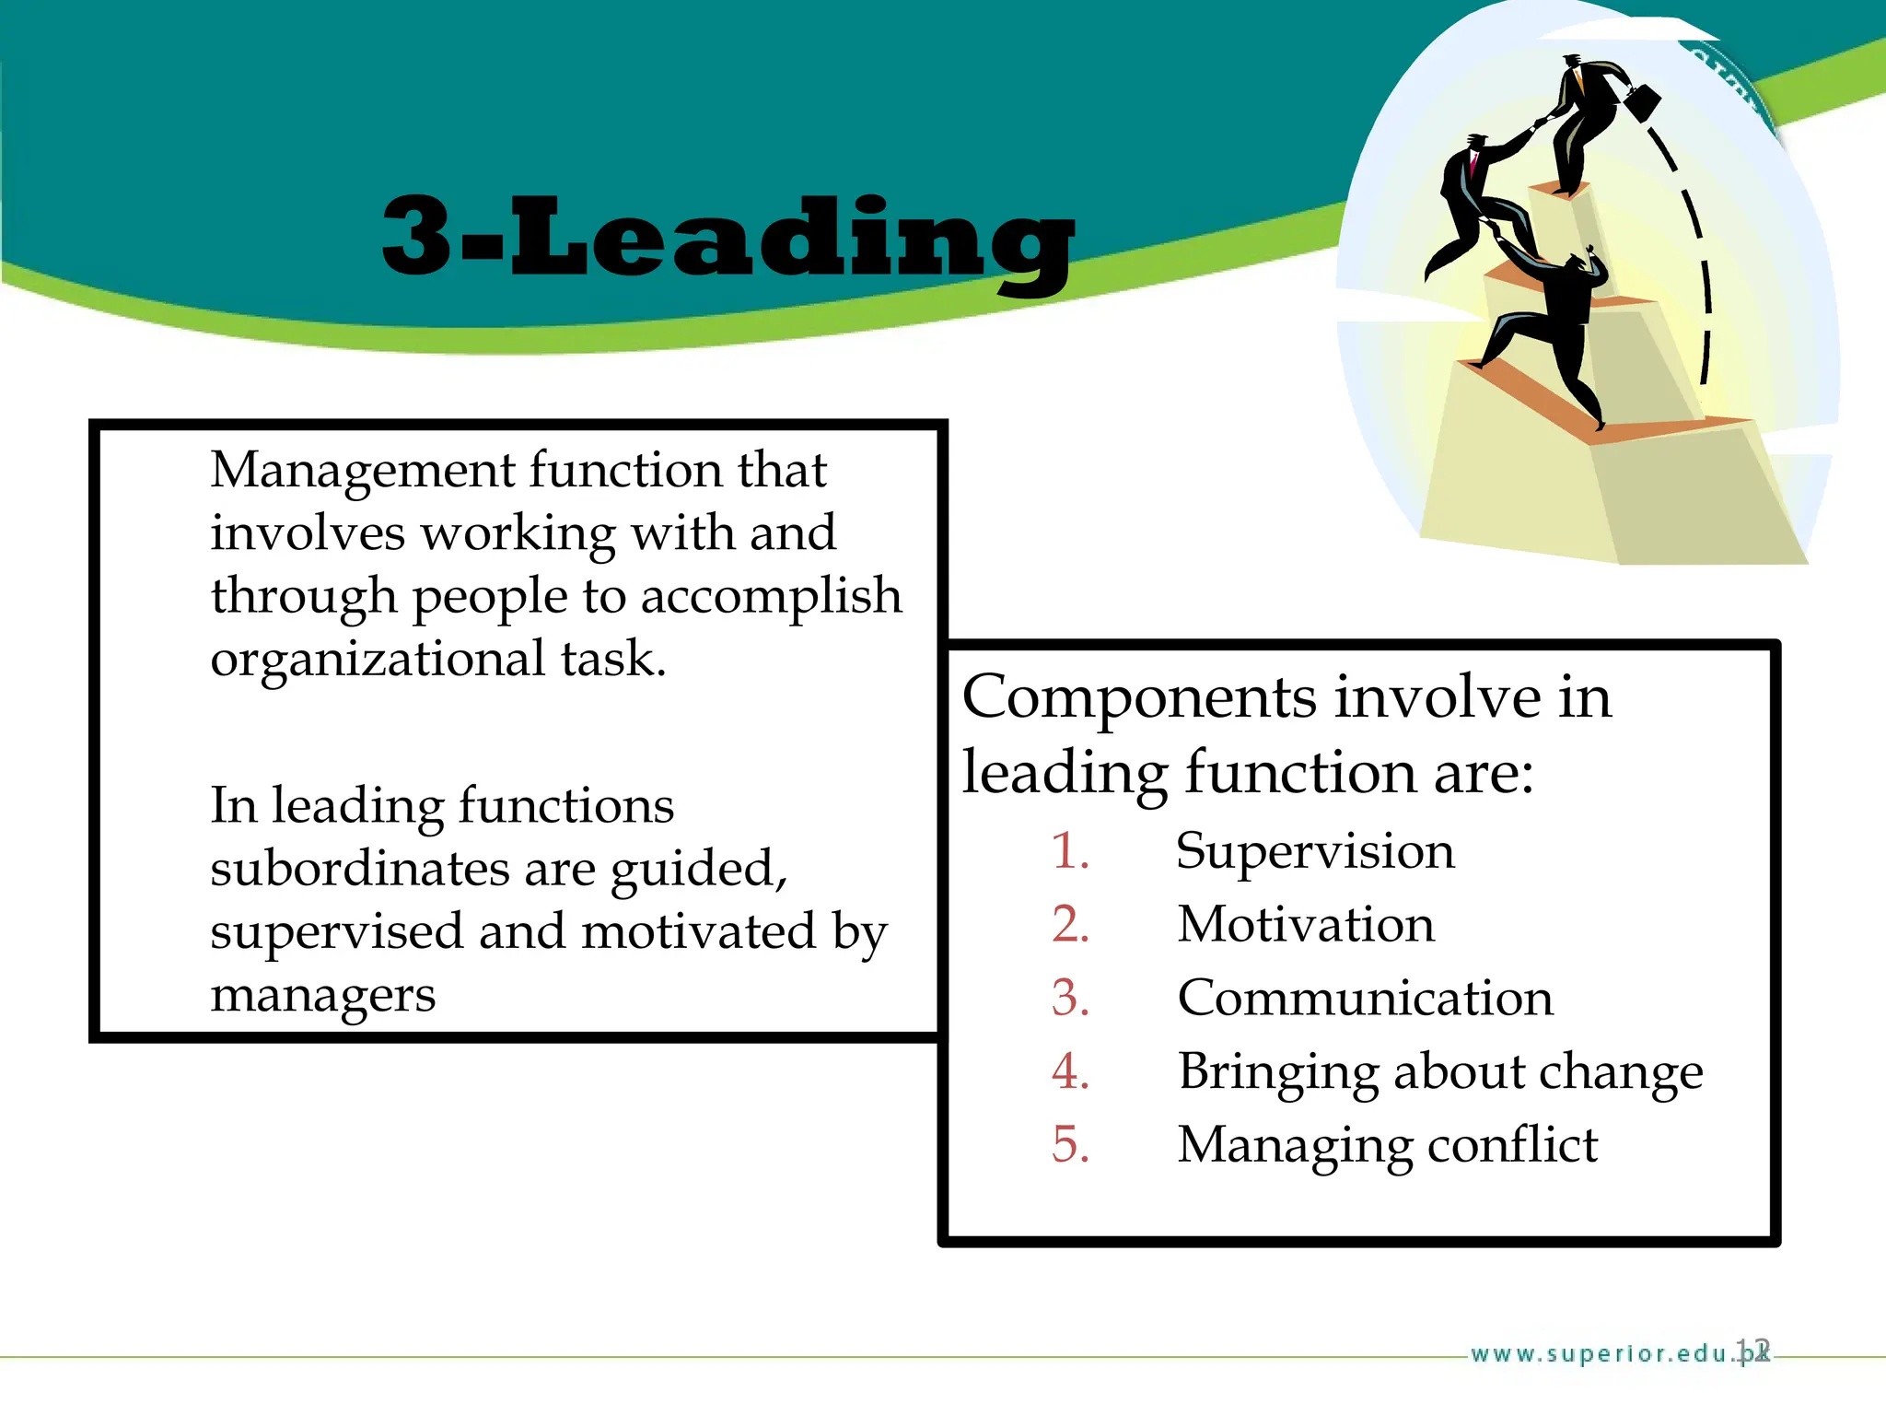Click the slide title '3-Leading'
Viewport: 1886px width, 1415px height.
(728, 238)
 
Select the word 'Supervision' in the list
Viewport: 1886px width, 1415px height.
(1315, 851)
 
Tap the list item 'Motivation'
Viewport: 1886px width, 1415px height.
(1306, 925)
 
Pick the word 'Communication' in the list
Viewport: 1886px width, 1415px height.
(1365, 999)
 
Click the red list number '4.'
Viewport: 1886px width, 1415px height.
(1070, 1072)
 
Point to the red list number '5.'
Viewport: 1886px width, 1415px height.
(1070, 1146)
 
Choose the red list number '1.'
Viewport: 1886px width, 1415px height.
(1070, 851)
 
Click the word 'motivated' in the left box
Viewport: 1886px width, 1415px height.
(698, 932)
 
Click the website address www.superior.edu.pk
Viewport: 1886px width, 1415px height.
(1607, 1353)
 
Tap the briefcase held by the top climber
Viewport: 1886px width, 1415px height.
(1642, 99)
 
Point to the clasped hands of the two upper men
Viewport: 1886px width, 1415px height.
(1539, 123)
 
